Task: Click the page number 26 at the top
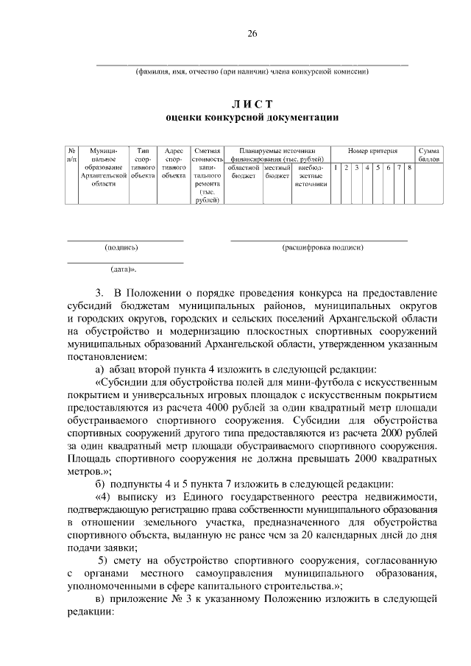click(252, 34)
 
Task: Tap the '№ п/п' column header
click(71, 154)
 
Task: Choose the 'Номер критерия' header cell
click(372, 150)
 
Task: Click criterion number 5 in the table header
click(378, 169)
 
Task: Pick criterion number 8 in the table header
click(408, 169)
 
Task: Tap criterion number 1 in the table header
click(336, 169)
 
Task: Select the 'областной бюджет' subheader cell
click(242, 172)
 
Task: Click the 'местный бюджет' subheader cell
click(277, 172)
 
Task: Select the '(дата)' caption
click(123, 269)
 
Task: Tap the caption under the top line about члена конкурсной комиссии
click(252, 71)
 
